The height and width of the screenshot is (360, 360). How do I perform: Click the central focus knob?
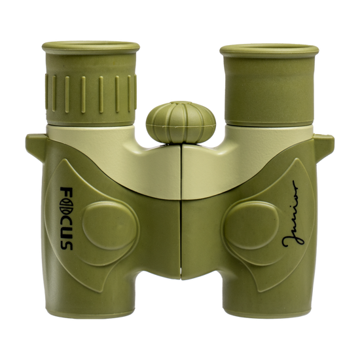pyautogui.click(x=181, y=122)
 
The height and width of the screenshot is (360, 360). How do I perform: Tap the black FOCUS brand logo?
pyautogui.click(x=67, y=219)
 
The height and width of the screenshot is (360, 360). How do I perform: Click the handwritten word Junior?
pyautogui.click(x=293, y=214)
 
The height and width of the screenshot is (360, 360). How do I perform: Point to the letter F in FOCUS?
pyautogui.click(x=67, y=192)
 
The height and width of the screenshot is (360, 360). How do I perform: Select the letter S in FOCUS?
pyautogui.click(x=67, y=245)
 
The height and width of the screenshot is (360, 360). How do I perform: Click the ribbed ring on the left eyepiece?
pyautogui.click(x=91, y=95)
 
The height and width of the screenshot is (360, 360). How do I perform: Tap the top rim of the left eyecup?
pyautogui.click(x=91, y=47)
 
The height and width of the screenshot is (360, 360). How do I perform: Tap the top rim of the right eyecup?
pyautogui.click(x=269, y=50)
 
